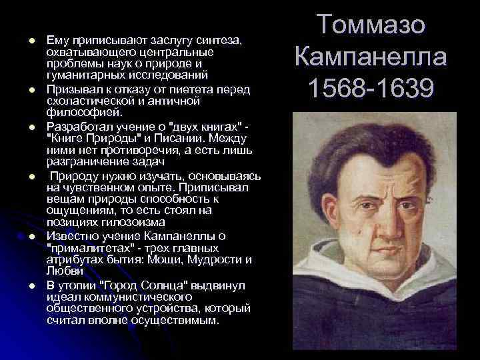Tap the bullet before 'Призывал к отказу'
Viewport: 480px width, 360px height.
31,89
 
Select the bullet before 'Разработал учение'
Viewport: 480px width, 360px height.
31,125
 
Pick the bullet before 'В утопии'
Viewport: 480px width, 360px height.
31,285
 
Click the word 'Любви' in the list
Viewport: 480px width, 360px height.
65,271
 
